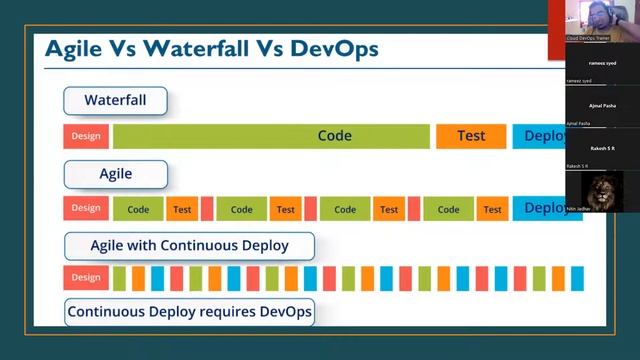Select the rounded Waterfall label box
pos(115,101)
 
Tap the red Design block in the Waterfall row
pos(86,136)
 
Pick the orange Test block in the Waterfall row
pos(471,136)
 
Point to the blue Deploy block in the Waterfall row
pos(546,136)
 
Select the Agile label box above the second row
pos(115,174)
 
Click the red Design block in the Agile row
pos(86,208)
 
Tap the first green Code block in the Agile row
pos(138,209)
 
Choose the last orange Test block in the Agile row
pos(492,209)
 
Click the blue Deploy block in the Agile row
pos(546,208)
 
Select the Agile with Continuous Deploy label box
pos(189,245)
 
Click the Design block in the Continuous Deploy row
pos(86,278)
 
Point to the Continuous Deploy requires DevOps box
pos(190,312)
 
